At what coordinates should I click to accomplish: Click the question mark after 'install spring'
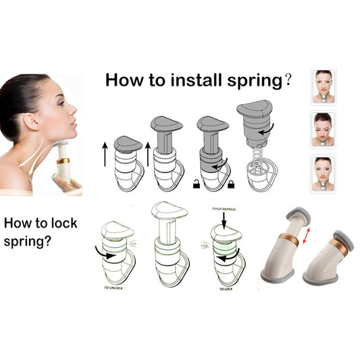[x=288, y=81]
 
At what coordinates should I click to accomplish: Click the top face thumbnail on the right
[x=324, y=86]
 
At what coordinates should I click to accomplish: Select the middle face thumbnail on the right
[x=324, y=129]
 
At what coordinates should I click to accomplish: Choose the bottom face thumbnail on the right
[x=324, y=173]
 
